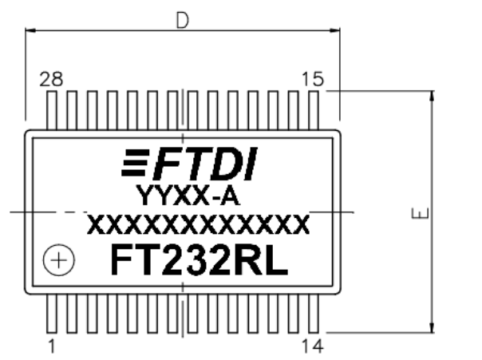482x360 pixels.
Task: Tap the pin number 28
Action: coord(52,79)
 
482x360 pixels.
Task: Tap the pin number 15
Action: coord(314,79)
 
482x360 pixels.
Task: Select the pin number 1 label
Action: coord(52,346)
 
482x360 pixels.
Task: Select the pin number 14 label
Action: coord(314,346)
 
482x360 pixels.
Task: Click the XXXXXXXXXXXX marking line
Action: coord(198,226)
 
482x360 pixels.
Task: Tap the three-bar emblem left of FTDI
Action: coord(136,164)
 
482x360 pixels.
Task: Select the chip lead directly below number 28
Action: coord(53,110)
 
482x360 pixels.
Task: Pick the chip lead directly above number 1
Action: coord(53,313)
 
